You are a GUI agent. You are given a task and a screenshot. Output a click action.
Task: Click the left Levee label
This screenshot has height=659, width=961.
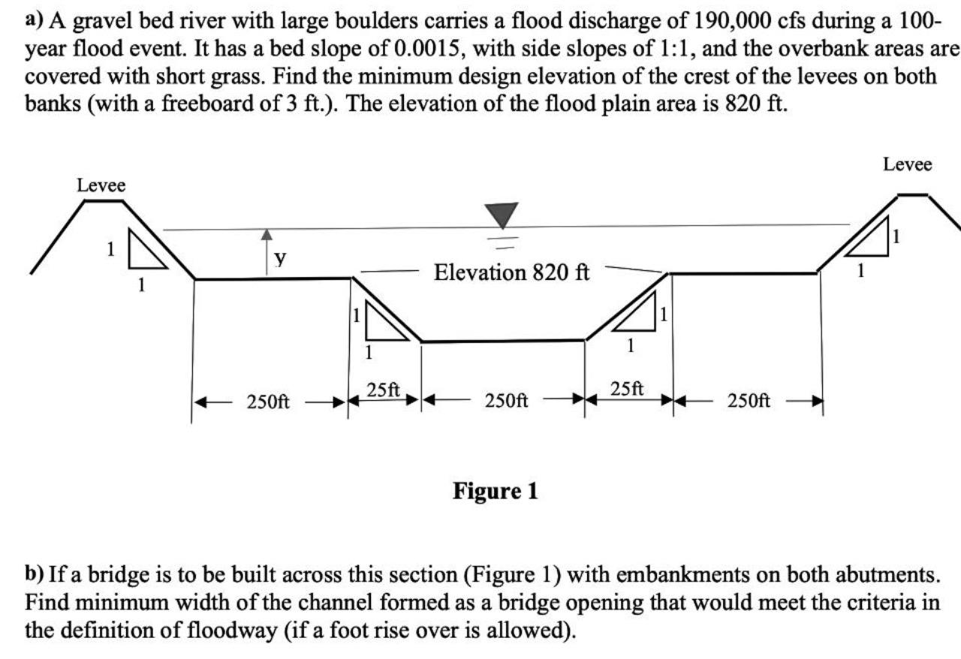click(x=101, y=185)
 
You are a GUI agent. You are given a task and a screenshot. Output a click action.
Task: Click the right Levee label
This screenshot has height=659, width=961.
click(x=907, y=164)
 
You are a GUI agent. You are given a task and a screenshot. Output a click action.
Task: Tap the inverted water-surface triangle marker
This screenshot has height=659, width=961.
click(x=502, y=215)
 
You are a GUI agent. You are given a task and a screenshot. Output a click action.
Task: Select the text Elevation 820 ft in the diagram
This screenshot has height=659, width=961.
click(x=512, y=272)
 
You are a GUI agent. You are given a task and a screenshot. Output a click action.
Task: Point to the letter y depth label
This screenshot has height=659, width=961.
click(x=280, y=258)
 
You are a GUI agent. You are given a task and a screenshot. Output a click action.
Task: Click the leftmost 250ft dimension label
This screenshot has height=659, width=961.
click(x=268, y=402)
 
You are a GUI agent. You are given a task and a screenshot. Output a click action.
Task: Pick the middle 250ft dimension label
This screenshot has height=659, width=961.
click(x=507, y=402)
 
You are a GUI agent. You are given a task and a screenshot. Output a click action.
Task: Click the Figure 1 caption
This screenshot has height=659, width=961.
click(x=496, y=492)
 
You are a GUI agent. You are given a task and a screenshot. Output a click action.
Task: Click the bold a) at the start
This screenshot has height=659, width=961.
click(x=35, y=20)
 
